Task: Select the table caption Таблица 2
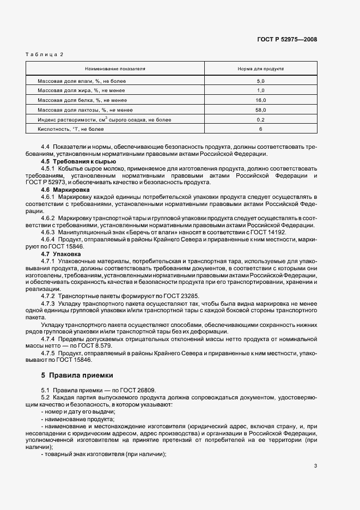point(45,54)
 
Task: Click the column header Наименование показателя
point(114,70)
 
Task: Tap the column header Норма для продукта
point(260,70)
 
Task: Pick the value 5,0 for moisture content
point(260,81)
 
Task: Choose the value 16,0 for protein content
point(260,100)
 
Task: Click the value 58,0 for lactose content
point(260,110)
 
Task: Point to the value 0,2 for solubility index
point(260,119)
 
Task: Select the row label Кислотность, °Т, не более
point(70,129)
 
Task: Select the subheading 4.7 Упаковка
point(61,253)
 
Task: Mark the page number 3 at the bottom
point(315,466)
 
